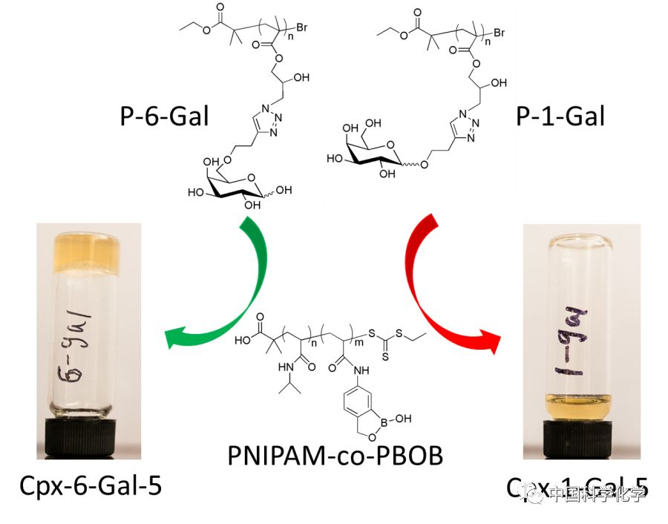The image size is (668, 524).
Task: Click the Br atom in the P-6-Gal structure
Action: coord(302,28)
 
